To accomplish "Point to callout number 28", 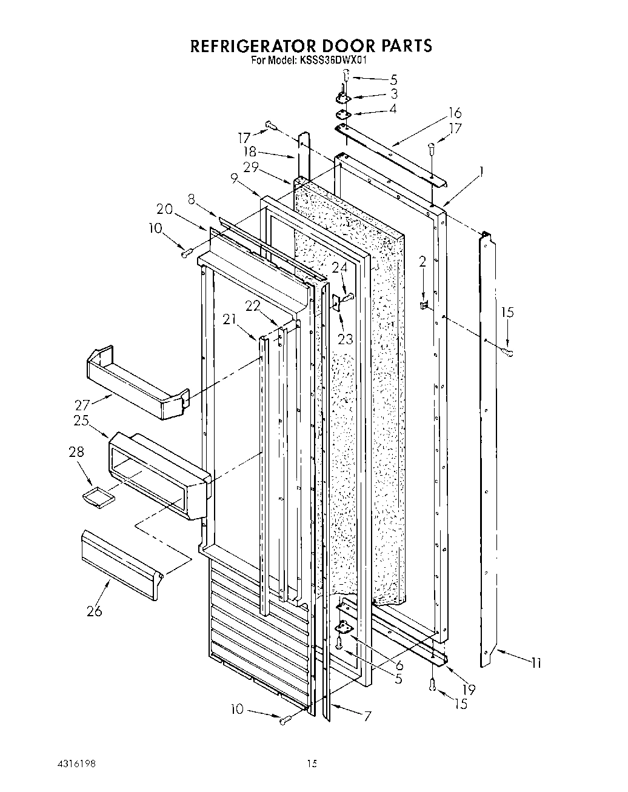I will pos(76,452).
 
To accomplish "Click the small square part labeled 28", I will pos(98,495).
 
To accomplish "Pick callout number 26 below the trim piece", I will pos(94,611).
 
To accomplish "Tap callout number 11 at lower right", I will pos(535,663).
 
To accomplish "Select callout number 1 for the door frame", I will pos(482,172).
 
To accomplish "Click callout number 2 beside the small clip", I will pos(422,261).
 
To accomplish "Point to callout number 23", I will pos(345,339).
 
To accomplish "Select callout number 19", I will pos(468,689).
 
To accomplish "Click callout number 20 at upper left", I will pos(164,209).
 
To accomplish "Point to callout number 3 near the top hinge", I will pos(394,94).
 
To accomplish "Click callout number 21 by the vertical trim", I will pos(229,320).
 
